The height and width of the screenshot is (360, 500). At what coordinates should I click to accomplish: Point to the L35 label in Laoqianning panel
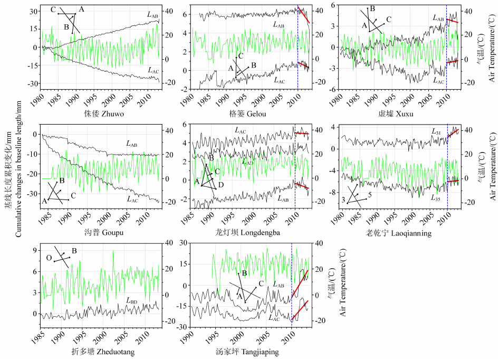(x=436, y=198)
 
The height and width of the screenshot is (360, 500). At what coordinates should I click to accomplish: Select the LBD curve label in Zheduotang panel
(x=131, y=301)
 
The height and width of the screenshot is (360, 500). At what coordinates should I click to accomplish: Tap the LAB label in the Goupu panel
(x=132, y=143)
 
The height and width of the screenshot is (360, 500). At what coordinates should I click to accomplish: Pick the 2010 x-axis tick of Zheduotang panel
(x=145, y=337)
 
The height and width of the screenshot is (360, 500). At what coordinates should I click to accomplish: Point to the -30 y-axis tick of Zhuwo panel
(x=34, y=84)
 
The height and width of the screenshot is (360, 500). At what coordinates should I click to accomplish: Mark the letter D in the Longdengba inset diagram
(x=221, y=185)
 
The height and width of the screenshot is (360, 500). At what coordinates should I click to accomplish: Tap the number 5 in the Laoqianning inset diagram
(x=370, y=195)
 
